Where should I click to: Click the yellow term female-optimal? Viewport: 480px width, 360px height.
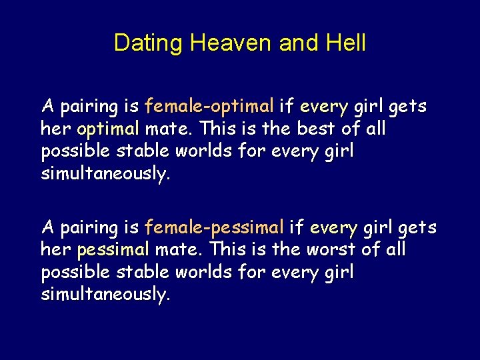pyautogui.click(x=209, y=106)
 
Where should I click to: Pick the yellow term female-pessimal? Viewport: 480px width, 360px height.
pyautogui.click(x=215, y=228)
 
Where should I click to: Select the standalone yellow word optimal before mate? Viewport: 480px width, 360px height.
pyautogui.click(x=108, y=129)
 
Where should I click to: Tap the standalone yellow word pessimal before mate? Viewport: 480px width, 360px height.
pyautogui.click(x=113, y=251)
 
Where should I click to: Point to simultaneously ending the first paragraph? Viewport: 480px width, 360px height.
pyautogui.click(x=105, y=173)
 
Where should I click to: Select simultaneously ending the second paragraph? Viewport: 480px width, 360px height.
pyautogui.click(x=105, y=295)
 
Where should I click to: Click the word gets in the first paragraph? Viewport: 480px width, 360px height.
pyautogui.click(x=407, y=107)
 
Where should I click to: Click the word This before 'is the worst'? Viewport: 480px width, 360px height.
pyautogui.click(x=227, y=250)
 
